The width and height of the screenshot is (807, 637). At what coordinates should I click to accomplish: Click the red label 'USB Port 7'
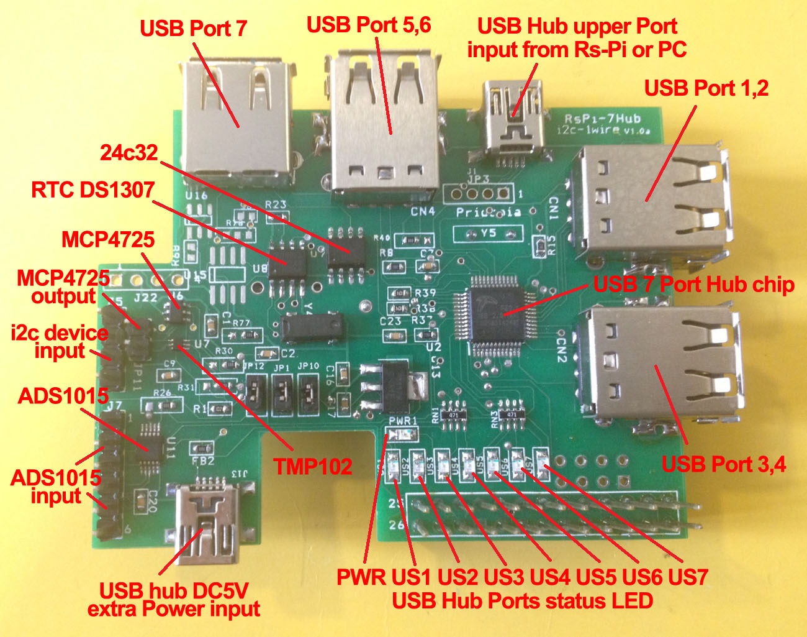pyautogui.click(x=193, y=28)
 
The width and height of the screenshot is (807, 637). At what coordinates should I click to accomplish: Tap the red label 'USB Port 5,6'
pyautogui.click(x=369, y=25)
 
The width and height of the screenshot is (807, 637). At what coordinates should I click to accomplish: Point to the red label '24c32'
pyautogui.click(x=130, y=152)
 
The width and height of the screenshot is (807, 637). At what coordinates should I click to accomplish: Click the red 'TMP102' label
pyautogui.click(x=313, y=466)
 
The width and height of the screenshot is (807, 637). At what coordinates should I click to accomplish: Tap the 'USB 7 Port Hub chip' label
pyautogui.click(x=693, y=285)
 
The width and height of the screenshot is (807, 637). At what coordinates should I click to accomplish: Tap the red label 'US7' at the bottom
pyautogui.click(x=688, y=577)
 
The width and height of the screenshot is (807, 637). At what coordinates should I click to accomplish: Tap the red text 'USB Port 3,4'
pyautogui.click(x=723, y=464)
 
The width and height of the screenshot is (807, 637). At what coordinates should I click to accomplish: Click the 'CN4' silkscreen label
pyautogui.click(x=423, y=211)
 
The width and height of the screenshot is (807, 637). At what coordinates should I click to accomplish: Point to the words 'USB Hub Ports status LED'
pyautogui.click(x=522, y=601)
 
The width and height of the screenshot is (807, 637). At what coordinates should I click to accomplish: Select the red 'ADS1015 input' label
pyautogui.click(x=56, y=487)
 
